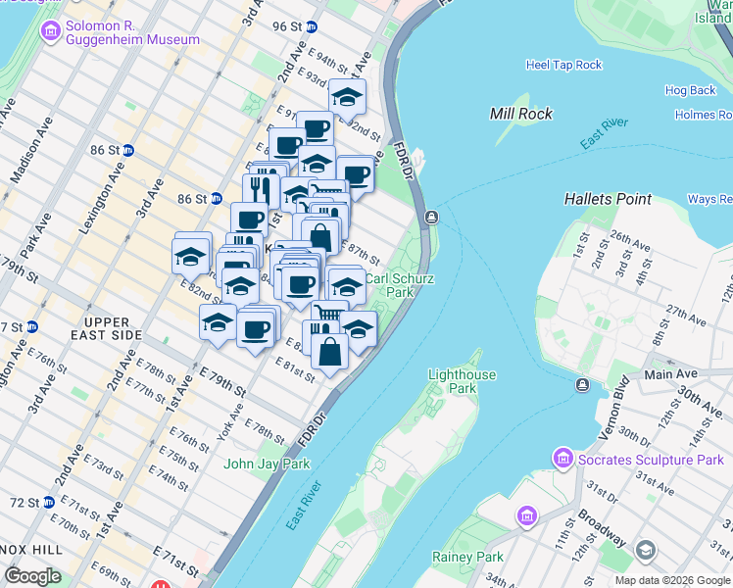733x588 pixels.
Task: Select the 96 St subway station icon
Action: [312, 26]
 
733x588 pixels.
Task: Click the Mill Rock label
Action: [521, 114]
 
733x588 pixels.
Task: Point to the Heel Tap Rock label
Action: [563, 65]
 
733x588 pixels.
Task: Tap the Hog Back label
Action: [691, 90]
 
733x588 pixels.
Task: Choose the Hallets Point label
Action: [608, 199]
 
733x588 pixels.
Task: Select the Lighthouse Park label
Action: [463, 381]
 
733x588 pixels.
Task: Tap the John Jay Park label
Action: [268, 464]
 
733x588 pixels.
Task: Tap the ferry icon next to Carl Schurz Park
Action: [430, 217]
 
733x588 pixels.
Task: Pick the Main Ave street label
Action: [670, 373]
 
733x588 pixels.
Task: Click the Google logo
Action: [32, 576]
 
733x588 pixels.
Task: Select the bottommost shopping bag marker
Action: [329, 352]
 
